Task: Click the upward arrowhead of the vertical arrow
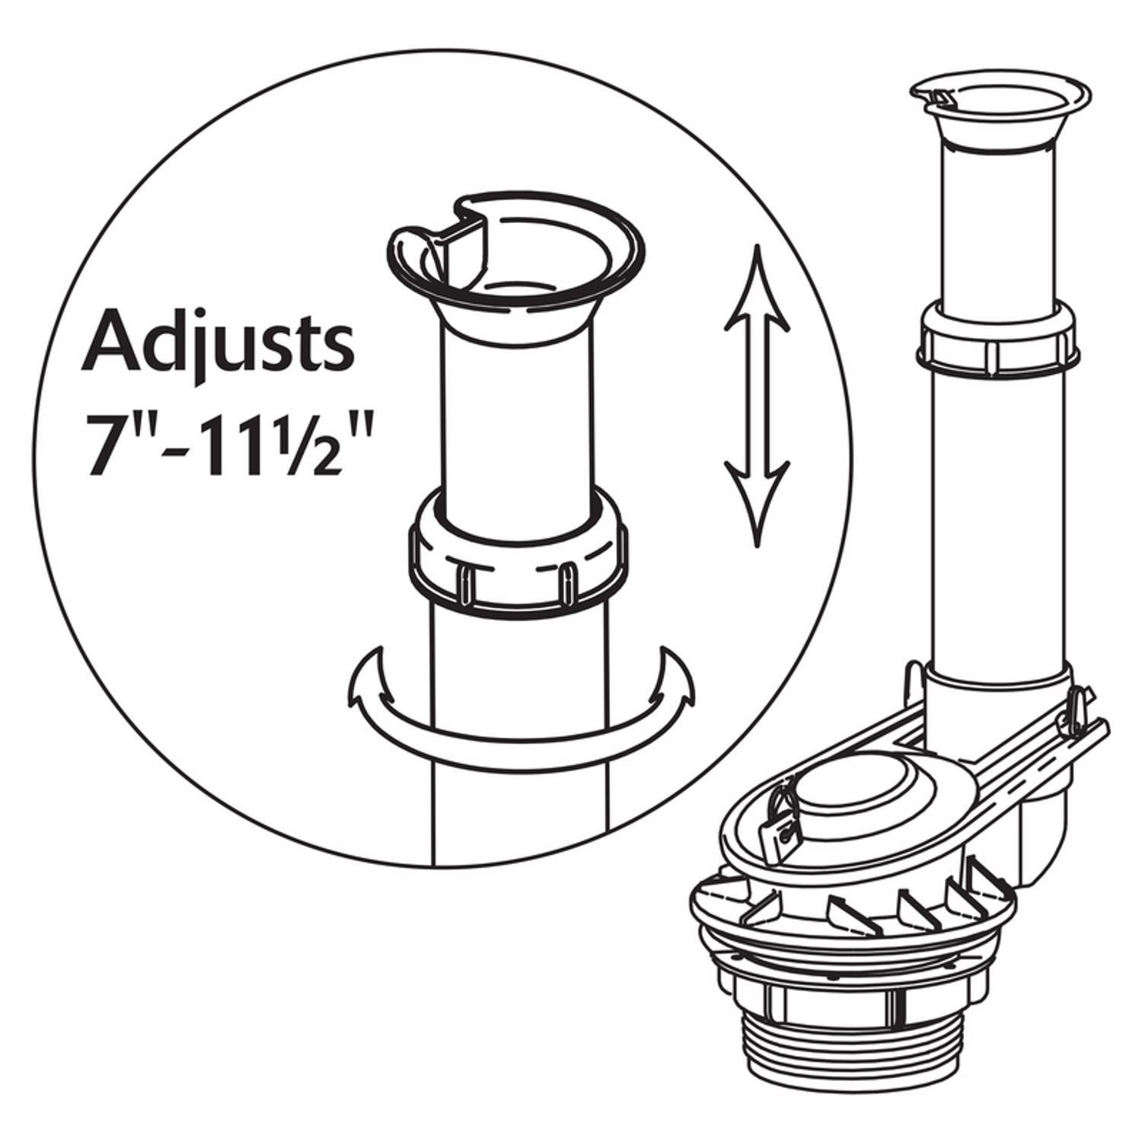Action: (756, 289)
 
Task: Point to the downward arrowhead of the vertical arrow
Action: (756, 499)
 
